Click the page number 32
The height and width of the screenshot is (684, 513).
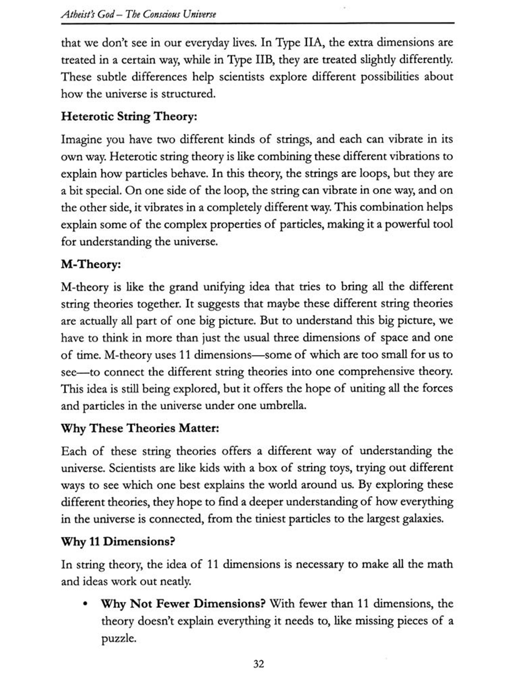259,664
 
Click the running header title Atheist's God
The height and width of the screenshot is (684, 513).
87,14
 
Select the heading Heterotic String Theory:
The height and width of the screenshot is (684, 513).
129,117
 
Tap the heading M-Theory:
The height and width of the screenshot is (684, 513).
91,264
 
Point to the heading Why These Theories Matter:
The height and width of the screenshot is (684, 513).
140,428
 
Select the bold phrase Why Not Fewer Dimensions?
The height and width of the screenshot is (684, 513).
183,604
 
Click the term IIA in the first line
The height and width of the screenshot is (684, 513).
311,43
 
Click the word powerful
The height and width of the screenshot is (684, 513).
407,225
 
